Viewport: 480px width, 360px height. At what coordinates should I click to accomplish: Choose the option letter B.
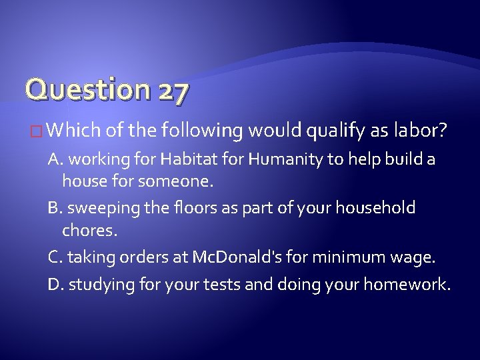pyautogui.click(x=55, y=208)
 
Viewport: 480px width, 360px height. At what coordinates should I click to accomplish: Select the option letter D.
pyautogui.click(x=55, y=285)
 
